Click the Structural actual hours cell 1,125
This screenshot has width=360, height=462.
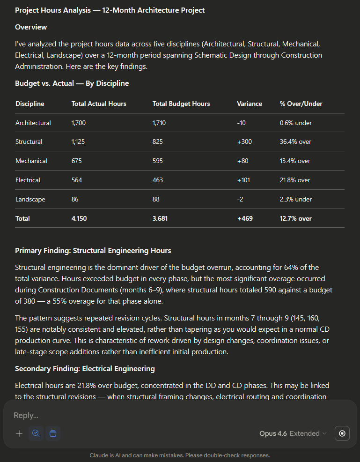(79, 142)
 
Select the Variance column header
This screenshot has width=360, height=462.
(250, 104)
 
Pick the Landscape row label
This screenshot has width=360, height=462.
(30, 199)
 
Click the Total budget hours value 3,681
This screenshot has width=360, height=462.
(160, 218)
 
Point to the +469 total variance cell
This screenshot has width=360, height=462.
(245, 218)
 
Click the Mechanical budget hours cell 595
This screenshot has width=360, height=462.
(158, 161)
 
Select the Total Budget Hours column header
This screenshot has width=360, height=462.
(181, 104)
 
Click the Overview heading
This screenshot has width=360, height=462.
(31, 27)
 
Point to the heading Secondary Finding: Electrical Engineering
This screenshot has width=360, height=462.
(85, 369)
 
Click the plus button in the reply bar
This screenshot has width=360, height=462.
(19, 433)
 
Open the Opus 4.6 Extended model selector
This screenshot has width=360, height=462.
(293, 433)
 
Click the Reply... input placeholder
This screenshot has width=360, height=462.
(26, 415)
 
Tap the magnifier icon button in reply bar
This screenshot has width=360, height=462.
(36, 433)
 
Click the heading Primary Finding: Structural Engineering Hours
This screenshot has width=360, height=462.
(93, 250)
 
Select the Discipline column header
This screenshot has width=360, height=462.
(30, 104)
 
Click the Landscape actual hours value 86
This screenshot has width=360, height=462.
(75, 199)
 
